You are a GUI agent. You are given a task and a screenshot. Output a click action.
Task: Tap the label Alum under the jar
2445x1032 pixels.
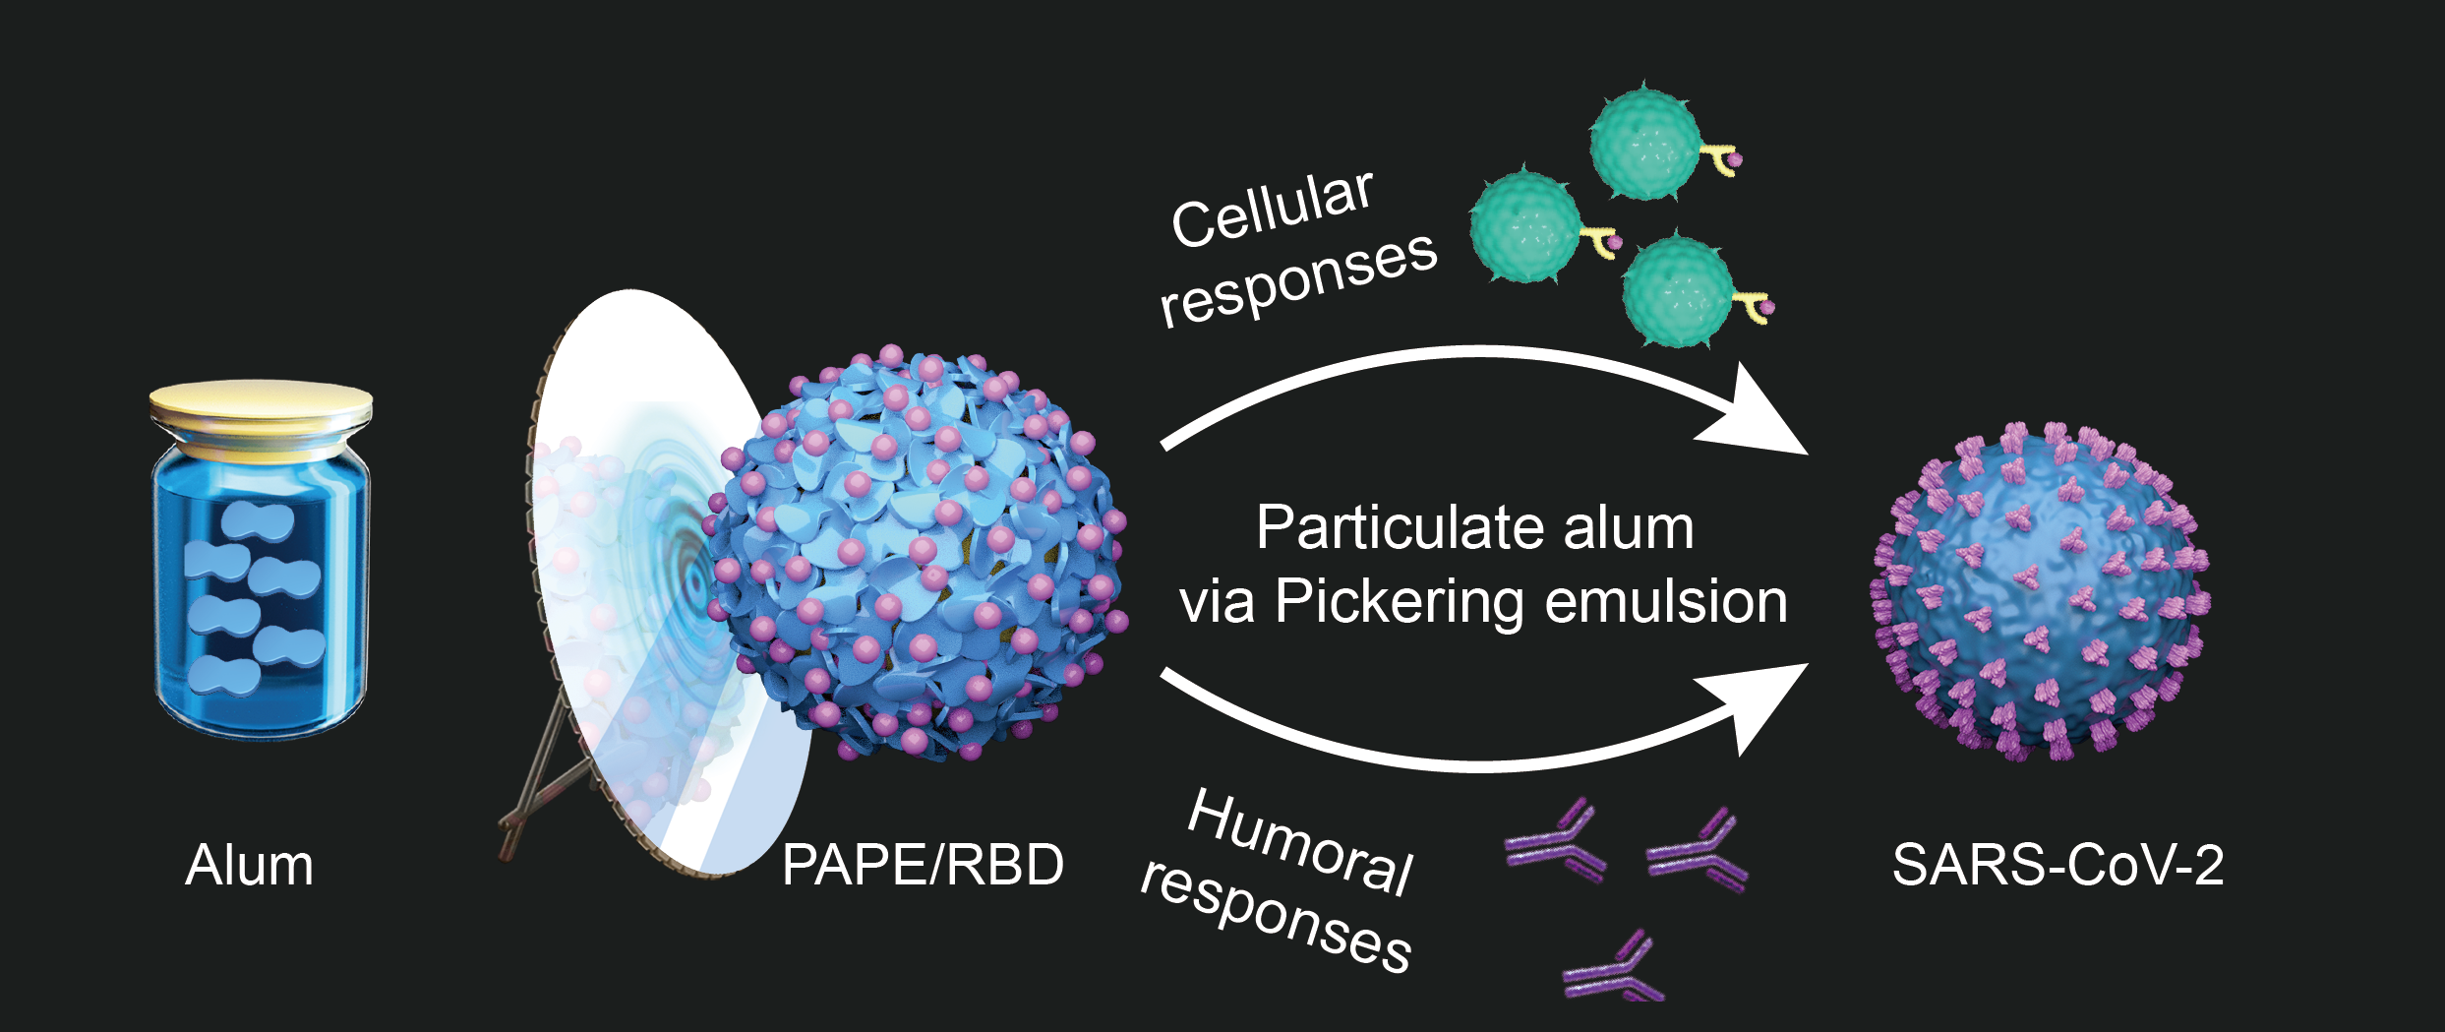coord(250,866)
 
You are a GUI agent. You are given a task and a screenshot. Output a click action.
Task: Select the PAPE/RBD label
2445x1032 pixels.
coord(923,866)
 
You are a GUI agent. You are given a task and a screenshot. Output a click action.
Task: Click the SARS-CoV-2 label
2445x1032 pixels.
coord(2058,866)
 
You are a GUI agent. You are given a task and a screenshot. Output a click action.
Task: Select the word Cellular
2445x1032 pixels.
coord(1272,209)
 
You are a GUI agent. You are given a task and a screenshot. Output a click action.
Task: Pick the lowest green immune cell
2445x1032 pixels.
coord(1677,291)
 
